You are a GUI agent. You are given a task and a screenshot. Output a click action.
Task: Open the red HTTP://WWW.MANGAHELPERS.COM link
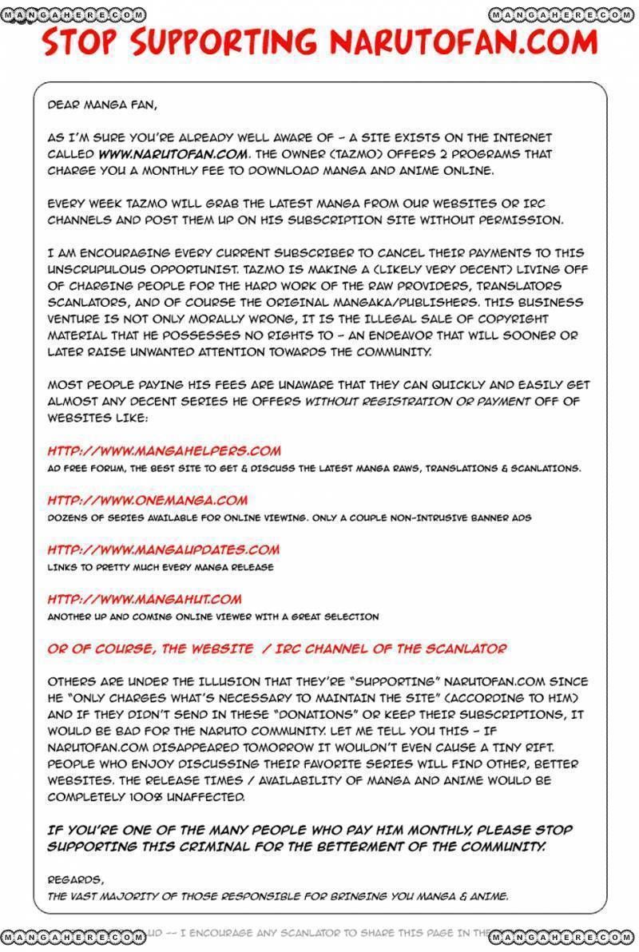pyautogui.click(x=164, y=451)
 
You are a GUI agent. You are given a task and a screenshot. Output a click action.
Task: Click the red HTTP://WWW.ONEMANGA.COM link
pyautogui.click(x=148, y=501)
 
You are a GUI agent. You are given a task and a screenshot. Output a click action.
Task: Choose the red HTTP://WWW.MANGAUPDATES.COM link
pyautogui.click(x=164, y=549)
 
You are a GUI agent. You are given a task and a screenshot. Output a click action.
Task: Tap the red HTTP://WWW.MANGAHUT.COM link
pyautogui.click(x=145, y=599)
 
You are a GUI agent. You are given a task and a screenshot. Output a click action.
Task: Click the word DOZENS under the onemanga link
pyautogui.click(x=66, y=518)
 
